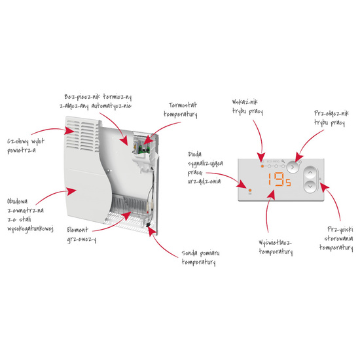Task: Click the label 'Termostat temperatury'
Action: [x=181, y=110]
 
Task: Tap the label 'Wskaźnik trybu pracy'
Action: [x=247, y=107]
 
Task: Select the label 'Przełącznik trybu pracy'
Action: [x=331, y=118]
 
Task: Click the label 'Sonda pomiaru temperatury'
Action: [x=200, y=258]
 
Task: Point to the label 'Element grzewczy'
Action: [x=82, y=234]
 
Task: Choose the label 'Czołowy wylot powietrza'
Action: [x=26, y=146]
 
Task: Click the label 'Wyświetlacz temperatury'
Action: [x=276, y=247]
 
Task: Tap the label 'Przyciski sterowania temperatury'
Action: [x=336, y=238]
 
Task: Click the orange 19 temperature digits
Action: [x=276, y=179]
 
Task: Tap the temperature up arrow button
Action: [x=310, y=172]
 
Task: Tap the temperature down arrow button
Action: [x=310, y=186]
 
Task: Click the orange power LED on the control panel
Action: [x=250, y=190]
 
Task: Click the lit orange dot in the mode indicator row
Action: [x=262, y=166]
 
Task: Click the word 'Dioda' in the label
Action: [x=194, y=154]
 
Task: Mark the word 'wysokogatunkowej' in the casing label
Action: [x=31, y=229]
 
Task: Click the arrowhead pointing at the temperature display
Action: [x=272, y=194]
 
